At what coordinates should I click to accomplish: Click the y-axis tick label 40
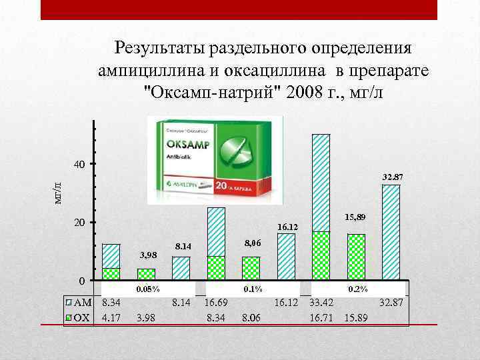[79, 164]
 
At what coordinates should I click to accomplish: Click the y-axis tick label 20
[79, 223]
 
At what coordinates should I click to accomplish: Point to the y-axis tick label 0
[79, 281]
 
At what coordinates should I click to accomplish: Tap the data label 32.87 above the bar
[393, 177]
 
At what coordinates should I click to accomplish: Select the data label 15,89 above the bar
[354, 217]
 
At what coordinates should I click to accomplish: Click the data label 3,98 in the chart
[147, 255]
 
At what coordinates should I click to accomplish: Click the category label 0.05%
[147, 289]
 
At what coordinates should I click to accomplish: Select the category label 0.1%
[253, 289]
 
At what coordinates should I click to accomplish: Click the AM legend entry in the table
[81, 303]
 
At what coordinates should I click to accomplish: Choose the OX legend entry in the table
[81, 317]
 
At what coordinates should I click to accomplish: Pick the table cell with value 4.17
[111, 317]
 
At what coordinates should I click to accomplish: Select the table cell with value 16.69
[217, 303]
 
